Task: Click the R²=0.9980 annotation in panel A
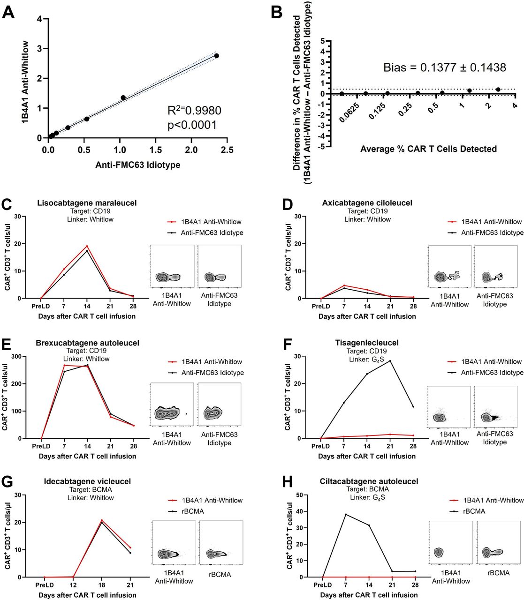coord(194,111)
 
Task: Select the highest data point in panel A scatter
coord(216,56)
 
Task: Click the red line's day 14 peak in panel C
coord(87,246)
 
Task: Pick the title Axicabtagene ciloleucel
coord(367,203)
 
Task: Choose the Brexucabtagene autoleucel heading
coord(87,343)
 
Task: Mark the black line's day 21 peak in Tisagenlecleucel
coord(389,361)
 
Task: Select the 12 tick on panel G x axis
coord(73,585)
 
